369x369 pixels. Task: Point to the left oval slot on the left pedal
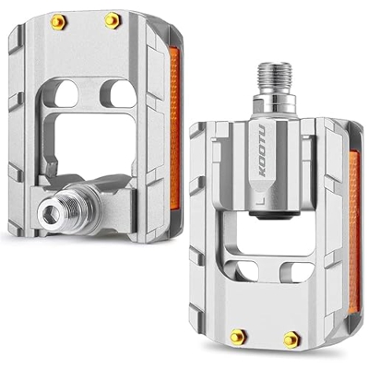coord(67,93)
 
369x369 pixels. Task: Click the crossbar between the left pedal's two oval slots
coord(91,92)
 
